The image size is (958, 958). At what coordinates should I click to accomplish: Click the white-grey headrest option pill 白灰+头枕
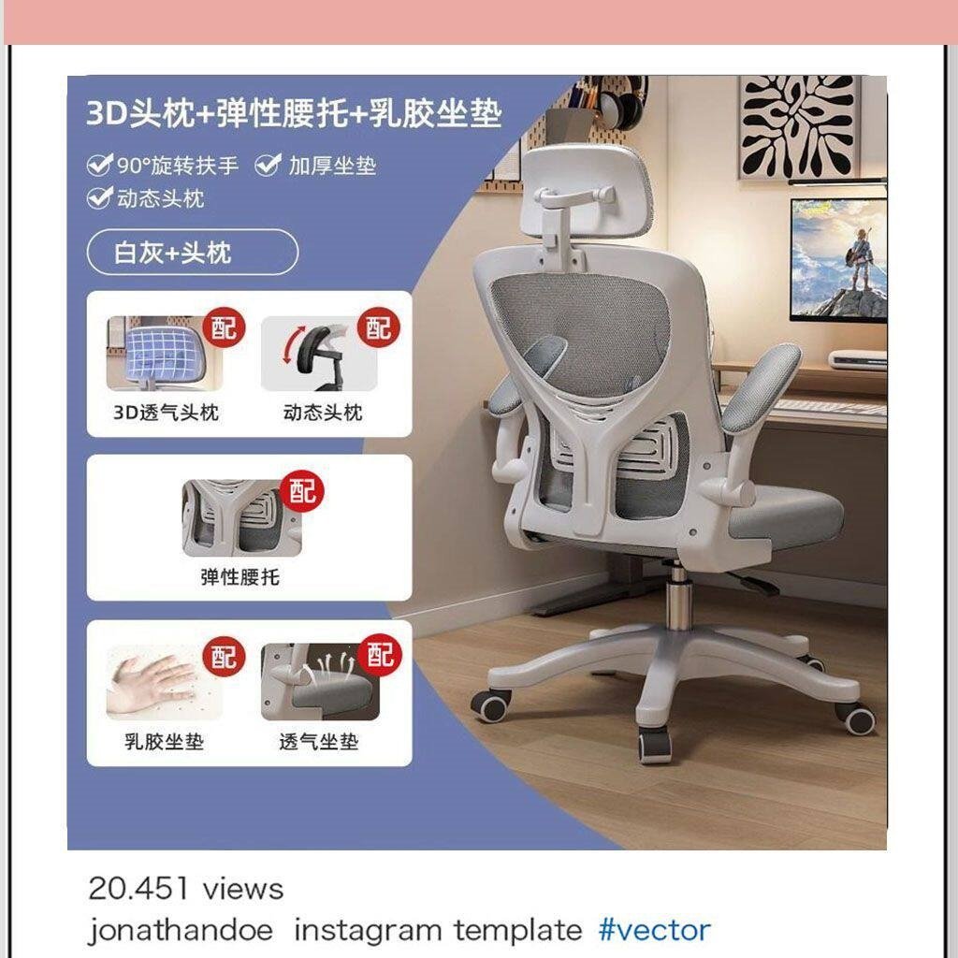pyautogui.click(x=193, y=252)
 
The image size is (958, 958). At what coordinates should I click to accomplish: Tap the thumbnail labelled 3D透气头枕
pyautogui.click(x=164, y=353)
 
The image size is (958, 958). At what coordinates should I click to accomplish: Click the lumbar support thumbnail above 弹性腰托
pyautogui.click(x=242, y=517)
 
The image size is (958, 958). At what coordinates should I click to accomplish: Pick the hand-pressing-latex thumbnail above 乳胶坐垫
pyautogui.click(x=164, y=682)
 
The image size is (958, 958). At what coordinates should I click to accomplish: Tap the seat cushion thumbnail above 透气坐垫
pyautogui.click(x=320, y=682)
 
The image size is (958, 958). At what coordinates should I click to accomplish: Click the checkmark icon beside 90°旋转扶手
pyautogui.click(x=99, y=165)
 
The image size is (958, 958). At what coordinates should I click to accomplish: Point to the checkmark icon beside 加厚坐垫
pyautogui.click(x=268, y=165)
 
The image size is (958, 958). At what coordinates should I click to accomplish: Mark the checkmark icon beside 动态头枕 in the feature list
pyautogui.click(x=99, y=197)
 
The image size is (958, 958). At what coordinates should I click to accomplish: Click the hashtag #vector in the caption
pyautogui.click(x=654, y=930)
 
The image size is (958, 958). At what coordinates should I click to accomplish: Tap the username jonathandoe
pyautogui.click(x=181, y=931)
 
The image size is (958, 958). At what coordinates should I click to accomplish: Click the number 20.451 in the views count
pyautogui.click(x=138, y=889)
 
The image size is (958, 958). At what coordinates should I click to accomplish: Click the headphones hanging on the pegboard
pyautogui.click(x=621, y=104)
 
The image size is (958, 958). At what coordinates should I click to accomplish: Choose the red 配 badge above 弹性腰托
pyautogui.click(x=302, y=491)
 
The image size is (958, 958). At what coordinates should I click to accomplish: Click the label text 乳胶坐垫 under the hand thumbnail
pyautogui.click(x=164, y=742)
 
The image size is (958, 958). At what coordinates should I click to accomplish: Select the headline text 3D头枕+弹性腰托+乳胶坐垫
pyautogui.click(x=294, y=113)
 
